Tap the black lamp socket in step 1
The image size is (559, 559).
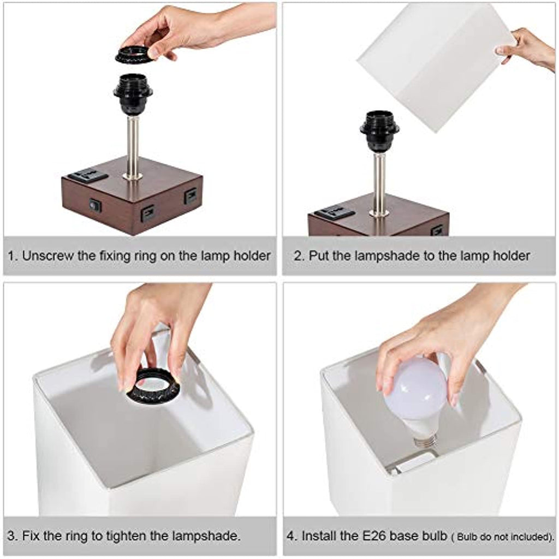click(x=133, y=94)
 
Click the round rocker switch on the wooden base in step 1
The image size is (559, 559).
click(x=95, y=205)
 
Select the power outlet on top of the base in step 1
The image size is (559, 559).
click(x=88, y=175)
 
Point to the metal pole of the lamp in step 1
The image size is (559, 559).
click(x=133, y=147)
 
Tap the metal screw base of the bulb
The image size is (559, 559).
click(x=426, y=441)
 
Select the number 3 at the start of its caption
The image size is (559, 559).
click(x=11, y=536)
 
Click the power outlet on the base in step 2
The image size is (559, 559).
click(x=335, y=214)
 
